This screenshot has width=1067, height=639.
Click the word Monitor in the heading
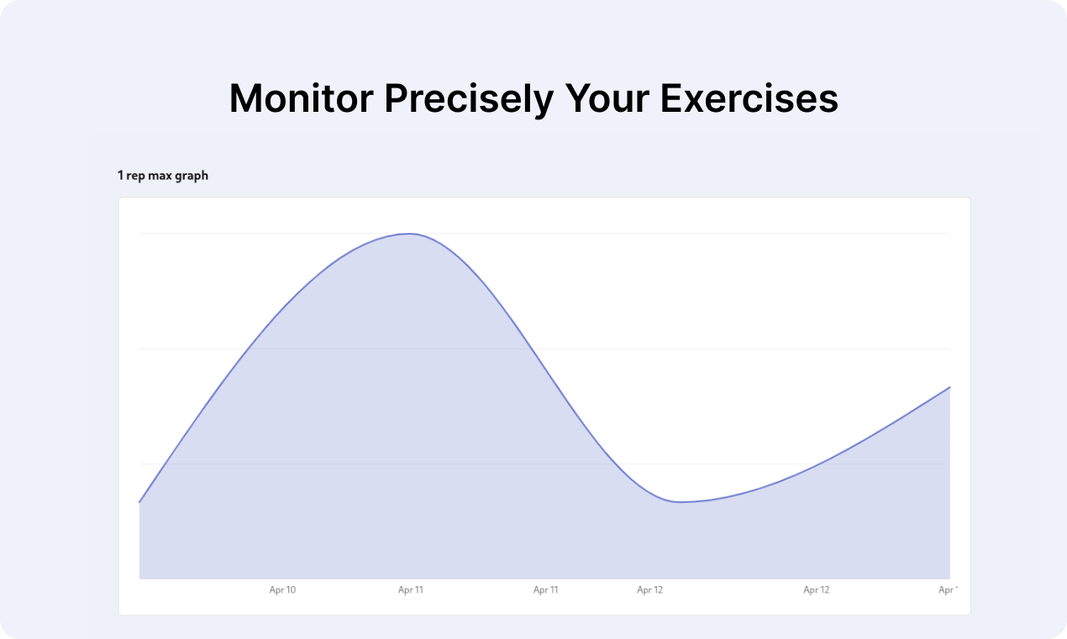click(301, 99)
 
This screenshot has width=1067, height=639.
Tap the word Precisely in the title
click(470, 99)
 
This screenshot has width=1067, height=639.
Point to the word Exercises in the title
click(749, 99)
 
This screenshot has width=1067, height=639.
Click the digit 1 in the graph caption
click(120, 176)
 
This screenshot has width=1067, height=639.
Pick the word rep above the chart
click(135, 176)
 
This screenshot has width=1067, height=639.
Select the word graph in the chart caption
click(192, 176)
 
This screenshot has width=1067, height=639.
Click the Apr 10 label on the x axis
click(282, 590)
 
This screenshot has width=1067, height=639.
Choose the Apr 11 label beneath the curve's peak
click(411, 590)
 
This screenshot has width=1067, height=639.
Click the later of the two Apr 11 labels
click(546, 590)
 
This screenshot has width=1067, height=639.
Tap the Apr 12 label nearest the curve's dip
click(649, 590)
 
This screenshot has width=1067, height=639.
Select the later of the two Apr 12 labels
click(816, 590)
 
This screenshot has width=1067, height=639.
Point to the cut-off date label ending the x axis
click(948, 590)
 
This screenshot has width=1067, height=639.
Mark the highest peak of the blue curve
click(409, 234)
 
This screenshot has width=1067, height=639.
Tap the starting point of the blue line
click(139, 502)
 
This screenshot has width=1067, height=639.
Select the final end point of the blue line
click(949, 388)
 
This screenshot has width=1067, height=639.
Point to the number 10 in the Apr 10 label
click(291, 590)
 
